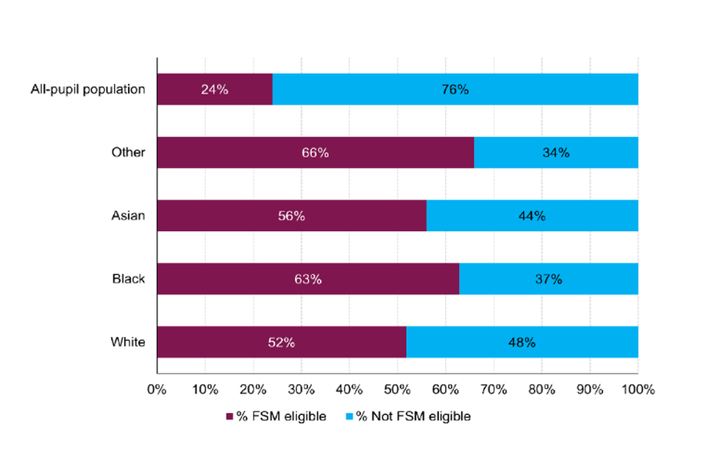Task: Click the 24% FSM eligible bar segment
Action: click(215, 90)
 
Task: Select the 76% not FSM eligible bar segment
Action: click(455, 90)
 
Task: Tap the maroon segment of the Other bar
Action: click(315, 153)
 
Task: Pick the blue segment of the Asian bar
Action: click(532, 216)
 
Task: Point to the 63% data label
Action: click(308, 280)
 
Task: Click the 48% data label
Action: click(521, 343)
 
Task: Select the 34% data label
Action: click(556, 153)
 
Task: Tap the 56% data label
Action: click(291, 216)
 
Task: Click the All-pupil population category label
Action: click(88, 90)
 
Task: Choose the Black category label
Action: click(129, 280)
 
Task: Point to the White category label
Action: click(128, 343)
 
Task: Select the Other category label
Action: click(129, 153)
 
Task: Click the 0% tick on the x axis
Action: click(157, 388)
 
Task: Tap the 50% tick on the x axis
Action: click(397, 388)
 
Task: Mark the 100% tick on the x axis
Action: click(637, 388)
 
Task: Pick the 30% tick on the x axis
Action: click(302, 388)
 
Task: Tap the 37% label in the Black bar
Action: click(549, 280)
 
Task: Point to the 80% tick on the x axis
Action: click(541, 388)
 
